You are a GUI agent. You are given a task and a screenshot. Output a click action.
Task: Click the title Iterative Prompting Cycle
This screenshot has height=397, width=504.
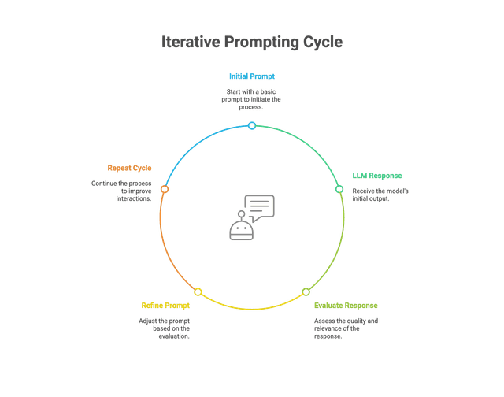252,42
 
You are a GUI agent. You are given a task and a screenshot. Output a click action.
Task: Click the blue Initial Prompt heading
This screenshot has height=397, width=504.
252,77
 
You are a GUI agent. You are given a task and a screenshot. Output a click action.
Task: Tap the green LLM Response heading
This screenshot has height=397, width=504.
376,176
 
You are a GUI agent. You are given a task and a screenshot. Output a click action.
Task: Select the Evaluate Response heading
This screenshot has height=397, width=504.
346,305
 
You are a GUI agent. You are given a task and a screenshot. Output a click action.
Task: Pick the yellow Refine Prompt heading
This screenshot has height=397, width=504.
166,305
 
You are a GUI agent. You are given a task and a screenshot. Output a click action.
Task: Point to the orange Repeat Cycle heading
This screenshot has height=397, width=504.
129,169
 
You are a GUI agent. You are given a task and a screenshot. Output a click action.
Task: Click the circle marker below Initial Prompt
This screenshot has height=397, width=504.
251,126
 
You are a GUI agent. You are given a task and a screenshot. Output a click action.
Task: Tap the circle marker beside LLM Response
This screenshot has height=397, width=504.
339,190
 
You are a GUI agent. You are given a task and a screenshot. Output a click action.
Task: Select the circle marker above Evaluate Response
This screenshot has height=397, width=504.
306,292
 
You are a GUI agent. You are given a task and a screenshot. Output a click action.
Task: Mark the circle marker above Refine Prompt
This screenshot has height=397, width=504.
198,292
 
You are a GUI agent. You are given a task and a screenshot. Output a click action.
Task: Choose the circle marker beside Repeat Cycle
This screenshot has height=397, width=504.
164,190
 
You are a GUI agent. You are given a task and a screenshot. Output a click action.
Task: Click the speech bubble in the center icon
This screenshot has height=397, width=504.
261,206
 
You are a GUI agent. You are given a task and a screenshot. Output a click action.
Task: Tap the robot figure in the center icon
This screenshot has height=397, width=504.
240,228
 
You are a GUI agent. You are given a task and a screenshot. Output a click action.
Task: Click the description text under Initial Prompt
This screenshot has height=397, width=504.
252,99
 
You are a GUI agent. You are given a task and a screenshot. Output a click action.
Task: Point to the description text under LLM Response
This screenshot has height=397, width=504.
380,194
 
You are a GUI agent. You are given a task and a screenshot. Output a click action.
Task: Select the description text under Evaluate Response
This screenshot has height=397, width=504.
346,328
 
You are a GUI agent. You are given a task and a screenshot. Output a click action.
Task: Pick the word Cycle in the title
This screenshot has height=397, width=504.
323,42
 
